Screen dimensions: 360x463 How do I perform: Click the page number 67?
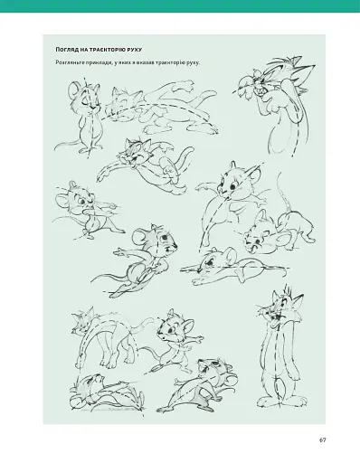323,439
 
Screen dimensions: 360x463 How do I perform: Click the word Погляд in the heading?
64,50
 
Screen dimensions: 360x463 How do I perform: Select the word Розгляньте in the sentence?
68,62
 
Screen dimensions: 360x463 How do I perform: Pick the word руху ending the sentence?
194,62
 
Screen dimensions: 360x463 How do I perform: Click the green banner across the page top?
180,6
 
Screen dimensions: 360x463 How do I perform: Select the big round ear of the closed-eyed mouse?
73,90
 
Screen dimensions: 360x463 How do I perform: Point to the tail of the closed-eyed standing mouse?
67,146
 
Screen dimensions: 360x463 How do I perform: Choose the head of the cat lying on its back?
90,384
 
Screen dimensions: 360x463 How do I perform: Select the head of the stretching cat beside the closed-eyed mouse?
123,103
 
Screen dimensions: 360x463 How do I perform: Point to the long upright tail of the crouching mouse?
282,192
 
